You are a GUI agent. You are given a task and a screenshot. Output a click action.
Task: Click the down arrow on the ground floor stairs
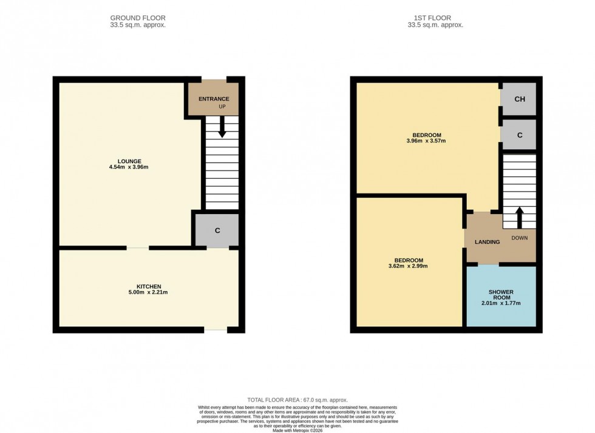222,127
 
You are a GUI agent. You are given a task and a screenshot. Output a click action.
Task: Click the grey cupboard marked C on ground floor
217,230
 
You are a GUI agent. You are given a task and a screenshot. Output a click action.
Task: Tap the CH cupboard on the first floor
519,99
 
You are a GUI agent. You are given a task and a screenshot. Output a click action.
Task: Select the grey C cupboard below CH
519,135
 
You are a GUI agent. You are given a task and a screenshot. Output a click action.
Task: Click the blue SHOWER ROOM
501,297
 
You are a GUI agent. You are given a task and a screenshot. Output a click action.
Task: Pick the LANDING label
487,242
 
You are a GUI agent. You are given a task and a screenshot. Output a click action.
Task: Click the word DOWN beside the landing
519,238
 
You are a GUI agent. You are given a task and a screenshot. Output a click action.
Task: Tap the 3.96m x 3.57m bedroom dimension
426,141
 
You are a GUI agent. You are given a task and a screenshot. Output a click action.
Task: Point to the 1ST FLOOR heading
435,18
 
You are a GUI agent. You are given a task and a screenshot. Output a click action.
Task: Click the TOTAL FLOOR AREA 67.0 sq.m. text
297,400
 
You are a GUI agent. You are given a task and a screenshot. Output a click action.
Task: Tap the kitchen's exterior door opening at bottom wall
215,329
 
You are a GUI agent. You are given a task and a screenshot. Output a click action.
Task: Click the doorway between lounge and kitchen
138,248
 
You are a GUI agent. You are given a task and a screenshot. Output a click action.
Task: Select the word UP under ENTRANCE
222,107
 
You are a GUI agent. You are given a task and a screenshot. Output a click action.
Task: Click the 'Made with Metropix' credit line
297,431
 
